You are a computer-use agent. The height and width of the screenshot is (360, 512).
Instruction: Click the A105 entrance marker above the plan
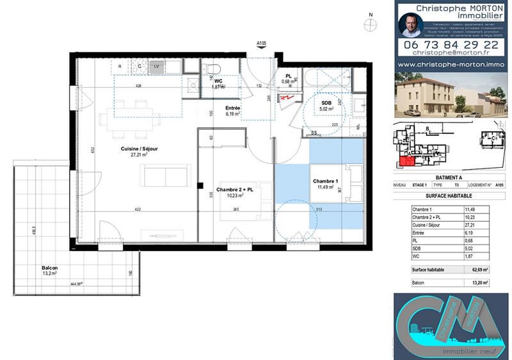coord(261,44)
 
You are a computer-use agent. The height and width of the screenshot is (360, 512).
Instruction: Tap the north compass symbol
coord(370,24)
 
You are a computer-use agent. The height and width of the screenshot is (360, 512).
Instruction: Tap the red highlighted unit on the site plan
coord(405,161)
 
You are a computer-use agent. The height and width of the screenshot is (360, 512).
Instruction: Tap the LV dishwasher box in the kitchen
coord(157,65)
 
